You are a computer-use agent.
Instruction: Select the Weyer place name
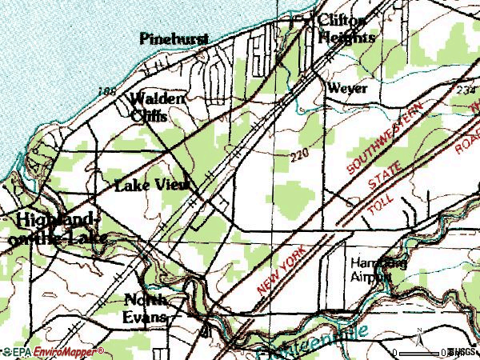pos(346,88)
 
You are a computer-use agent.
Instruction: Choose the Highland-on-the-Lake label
pos(50,229)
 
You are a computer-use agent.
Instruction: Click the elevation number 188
pos(104,90)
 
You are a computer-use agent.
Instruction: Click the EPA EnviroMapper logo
pos(53,351)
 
